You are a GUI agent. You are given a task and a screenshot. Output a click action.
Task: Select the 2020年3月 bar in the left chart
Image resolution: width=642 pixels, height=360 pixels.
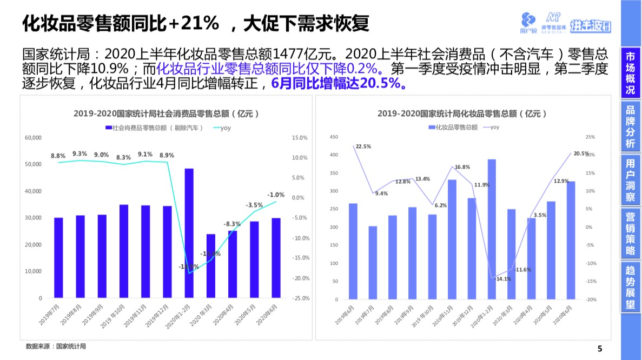tap(210, 265)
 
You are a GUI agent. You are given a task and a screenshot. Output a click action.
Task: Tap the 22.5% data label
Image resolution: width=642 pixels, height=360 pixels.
tap(363, 146)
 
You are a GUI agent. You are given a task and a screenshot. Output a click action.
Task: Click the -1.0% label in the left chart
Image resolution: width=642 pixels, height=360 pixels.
tap(276, 195)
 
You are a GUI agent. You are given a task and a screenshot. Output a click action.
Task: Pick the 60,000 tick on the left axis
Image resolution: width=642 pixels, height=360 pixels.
tap(34, 138)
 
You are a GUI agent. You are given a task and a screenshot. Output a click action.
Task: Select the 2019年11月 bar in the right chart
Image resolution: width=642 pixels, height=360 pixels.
tap(452, 239)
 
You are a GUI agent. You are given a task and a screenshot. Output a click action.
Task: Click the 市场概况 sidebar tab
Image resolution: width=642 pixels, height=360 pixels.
tap(630, 74)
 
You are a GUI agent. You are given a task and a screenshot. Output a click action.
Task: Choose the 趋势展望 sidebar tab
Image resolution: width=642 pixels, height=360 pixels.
tap(630, 287)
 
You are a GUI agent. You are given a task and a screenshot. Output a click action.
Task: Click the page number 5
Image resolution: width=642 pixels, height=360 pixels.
tap(599, 348)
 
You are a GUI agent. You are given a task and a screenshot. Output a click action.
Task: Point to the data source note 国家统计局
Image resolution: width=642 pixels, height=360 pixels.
tap(56, 346)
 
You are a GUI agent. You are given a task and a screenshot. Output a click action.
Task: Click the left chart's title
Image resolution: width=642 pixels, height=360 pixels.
tap(166, 114)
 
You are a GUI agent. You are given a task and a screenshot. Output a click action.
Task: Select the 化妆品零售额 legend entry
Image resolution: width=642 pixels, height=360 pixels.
tap(453, 128)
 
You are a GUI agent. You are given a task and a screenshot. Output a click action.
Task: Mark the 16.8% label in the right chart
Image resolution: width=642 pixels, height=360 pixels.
tap(462, 167)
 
